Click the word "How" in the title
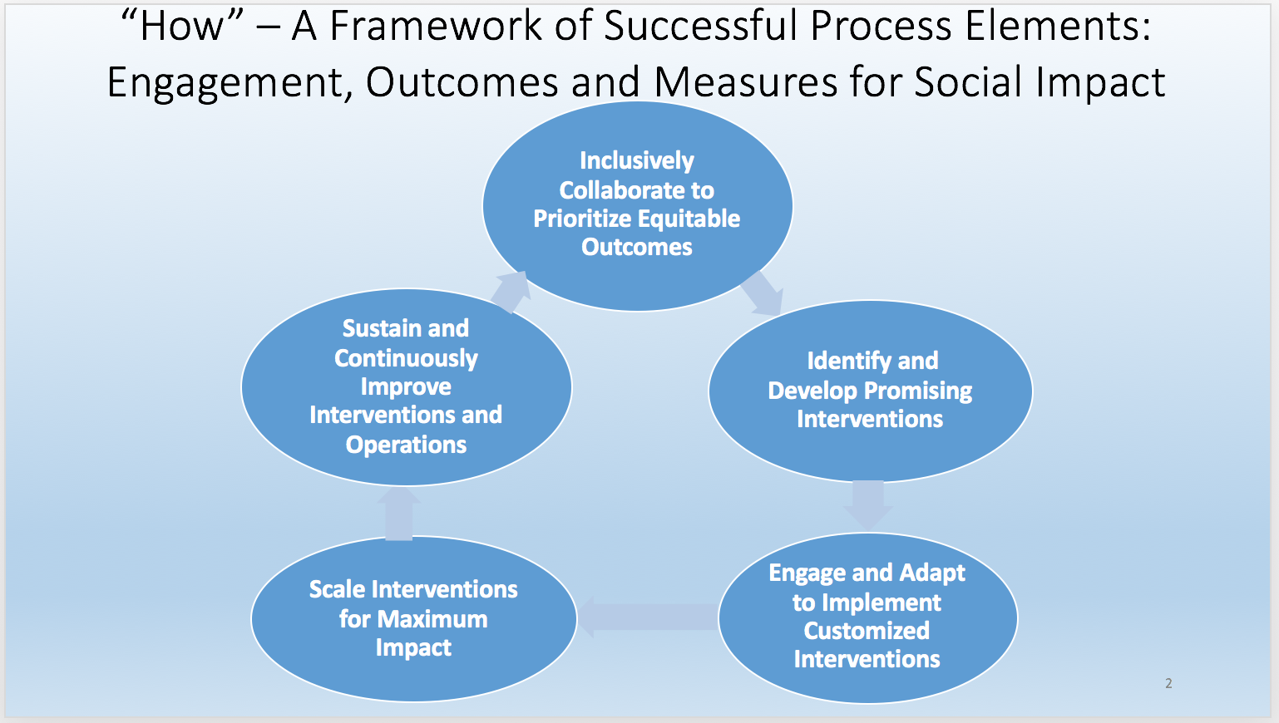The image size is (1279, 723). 181,26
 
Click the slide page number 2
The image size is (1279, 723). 1168,683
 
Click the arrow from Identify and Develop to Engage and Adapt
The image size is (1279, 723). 868,504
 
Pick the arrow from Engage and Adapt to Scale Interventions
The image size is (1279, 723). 648,617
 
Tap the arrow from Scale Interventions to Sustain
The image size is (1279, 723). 398,513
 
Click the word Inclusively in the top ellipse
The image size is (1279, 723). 637,161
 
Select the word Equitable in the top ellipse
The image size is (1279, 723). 688,219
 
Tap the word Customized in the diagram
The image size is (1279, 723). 867,631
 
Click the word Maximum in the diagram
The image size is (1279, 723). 432,619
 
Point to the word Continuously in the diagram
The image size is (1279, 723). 406,359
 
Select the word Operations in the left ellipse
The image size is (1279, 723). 406,445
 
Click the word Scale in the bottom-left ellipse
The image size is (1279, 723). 337,589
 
